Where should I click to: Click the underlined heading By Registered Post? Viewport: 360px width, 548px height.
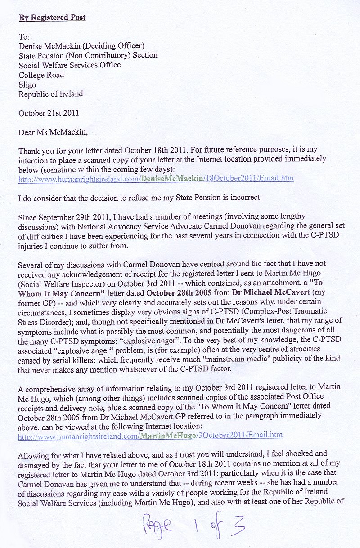pos(52,18)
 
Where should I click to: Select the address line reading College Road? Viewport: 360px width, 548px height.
pos(41,75)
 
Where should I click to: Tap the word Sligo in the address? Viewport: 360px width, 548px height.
pos(27,85)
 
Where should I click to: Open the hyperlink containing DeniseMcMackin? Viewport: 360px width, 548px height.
pos(156,179)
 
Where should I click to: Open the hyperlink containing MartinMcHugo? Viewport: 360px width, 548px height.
pos(150,435)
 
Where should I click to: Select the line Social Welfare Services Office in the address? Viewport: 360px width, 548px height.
pos(70,65)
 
